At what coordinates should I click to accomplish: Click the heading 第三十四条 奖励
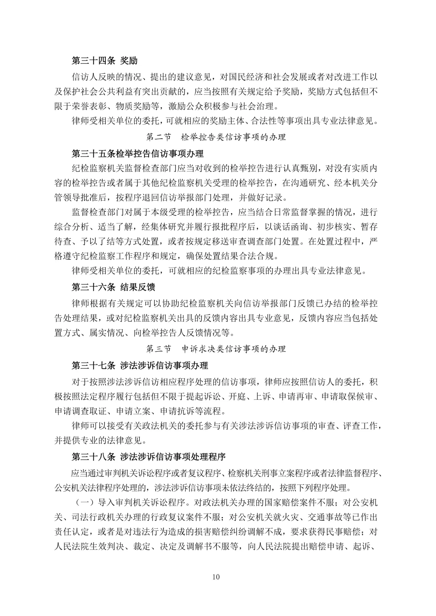point(104,61)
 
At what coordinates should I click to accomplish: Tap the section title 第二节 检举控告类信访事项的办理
point(216,137)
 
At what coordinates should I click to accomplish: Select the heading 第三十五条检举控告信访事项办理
point(138,153)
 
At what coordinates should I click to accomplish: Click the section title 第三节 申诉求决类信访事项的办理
point(216,349)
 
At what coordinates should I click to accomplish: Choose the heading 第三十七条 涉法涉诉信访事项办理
point(140,365)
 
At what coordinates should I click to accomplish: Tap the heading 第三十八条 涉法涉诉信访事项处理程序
point(149,457)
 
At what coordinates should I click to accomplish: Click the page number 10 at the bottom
point(216,576)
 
